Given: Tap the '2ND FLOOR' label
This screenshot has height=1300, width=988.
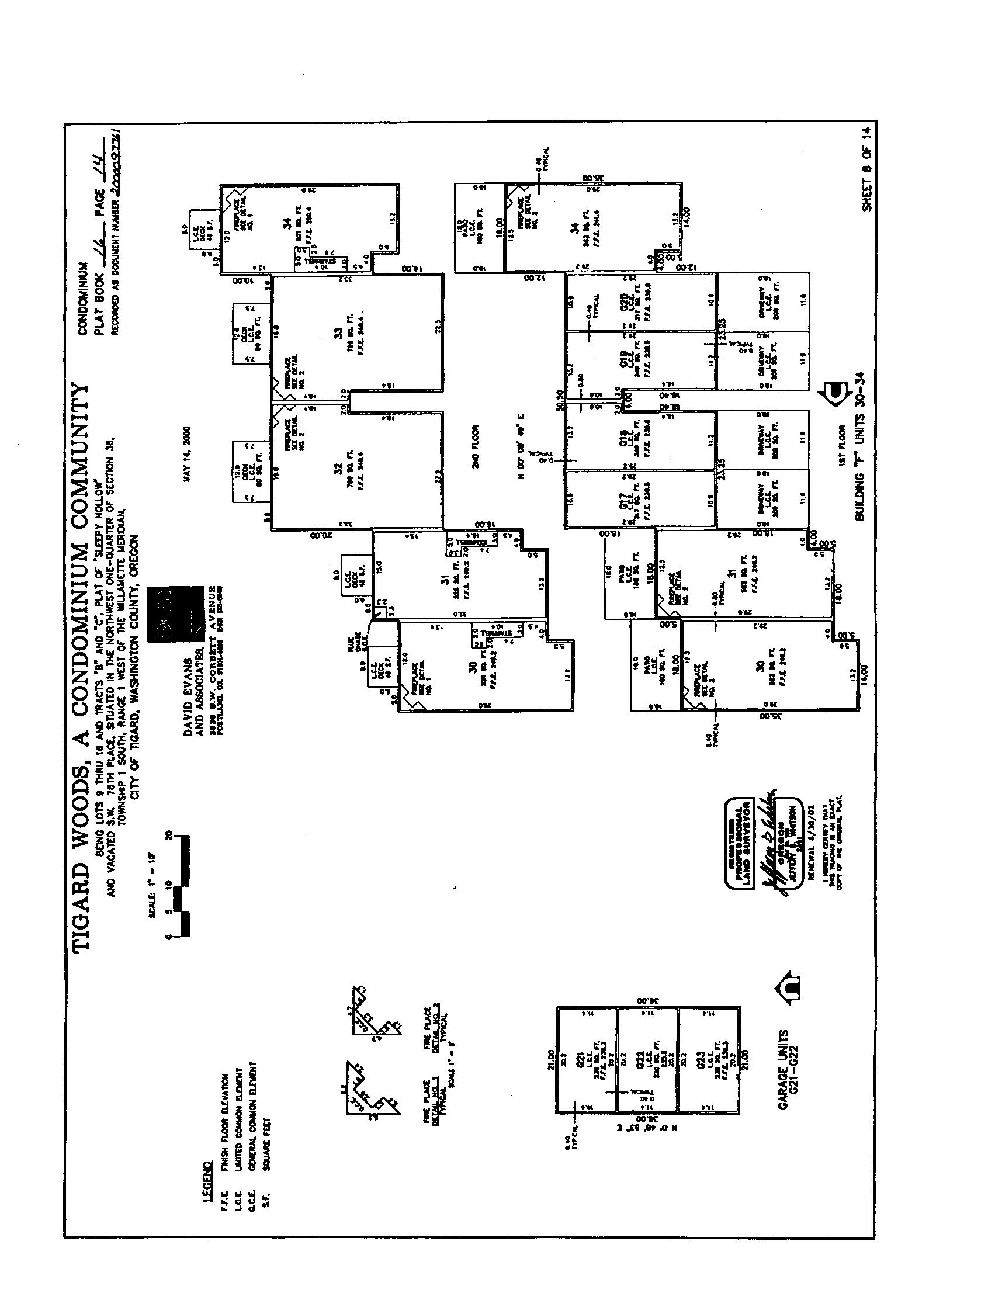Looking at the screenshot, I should [x=476, y=446].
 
